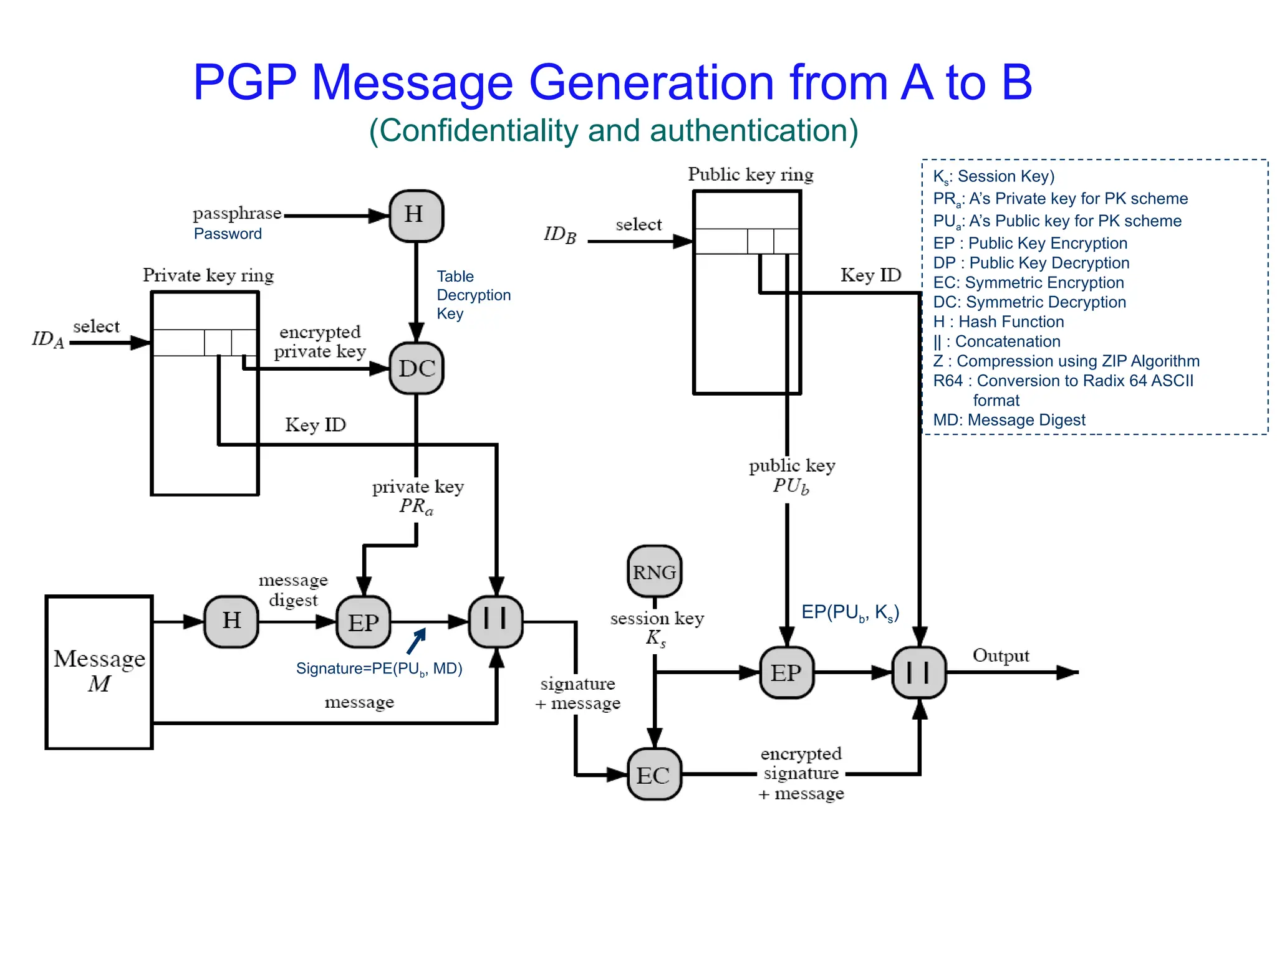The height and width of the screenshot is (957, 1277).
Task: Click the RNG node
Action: pos(654,571)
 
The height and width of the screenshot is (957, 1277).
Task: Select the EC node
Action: pos(653,774)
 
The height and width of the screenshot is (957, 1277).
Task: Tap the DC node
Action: pos(417,368)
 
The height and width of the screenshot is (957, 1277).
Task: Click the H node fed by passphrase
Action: pos(416,215)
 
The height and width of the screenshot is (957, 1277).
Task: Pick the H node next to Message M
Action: pos(231,621)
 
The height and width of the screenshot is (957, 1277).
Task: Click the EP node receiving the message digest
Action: pos(364,622)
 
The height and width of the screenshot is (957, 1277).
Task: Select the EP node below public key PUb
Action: pos(786,672)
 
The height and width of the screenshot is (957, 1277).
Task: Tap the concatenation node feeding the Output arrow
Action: pos(919,672)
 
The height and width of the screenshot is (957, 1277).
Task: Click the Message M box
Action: pos(100,672)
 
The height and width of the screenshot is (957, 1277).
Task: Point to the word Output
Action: pos(1000,655)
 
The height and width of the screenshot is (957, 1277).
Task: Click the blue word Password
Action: pos(228,234)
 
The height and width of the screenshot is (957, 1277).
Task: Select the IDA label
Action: pos(48,339)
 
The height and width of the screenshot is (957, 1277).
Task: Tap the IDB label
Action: pos(560,235)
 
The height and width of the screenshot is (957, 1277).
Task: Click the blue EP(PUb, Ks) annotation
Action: pos(850,612)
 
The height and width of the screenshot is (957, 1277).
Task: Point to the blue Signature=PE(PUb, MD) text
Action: pos(378,669)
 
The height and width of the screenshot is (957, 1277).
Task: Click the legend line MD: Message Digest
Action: pos(1008,420)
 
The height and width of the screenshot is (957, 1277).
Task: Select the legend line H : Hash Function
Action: pos(998,321)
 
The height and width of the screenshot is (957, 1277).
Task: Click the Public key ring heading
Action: pos(750,174)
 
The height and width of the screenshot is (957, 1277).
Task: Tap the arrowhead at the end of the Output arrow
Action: pos(1069,672)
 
